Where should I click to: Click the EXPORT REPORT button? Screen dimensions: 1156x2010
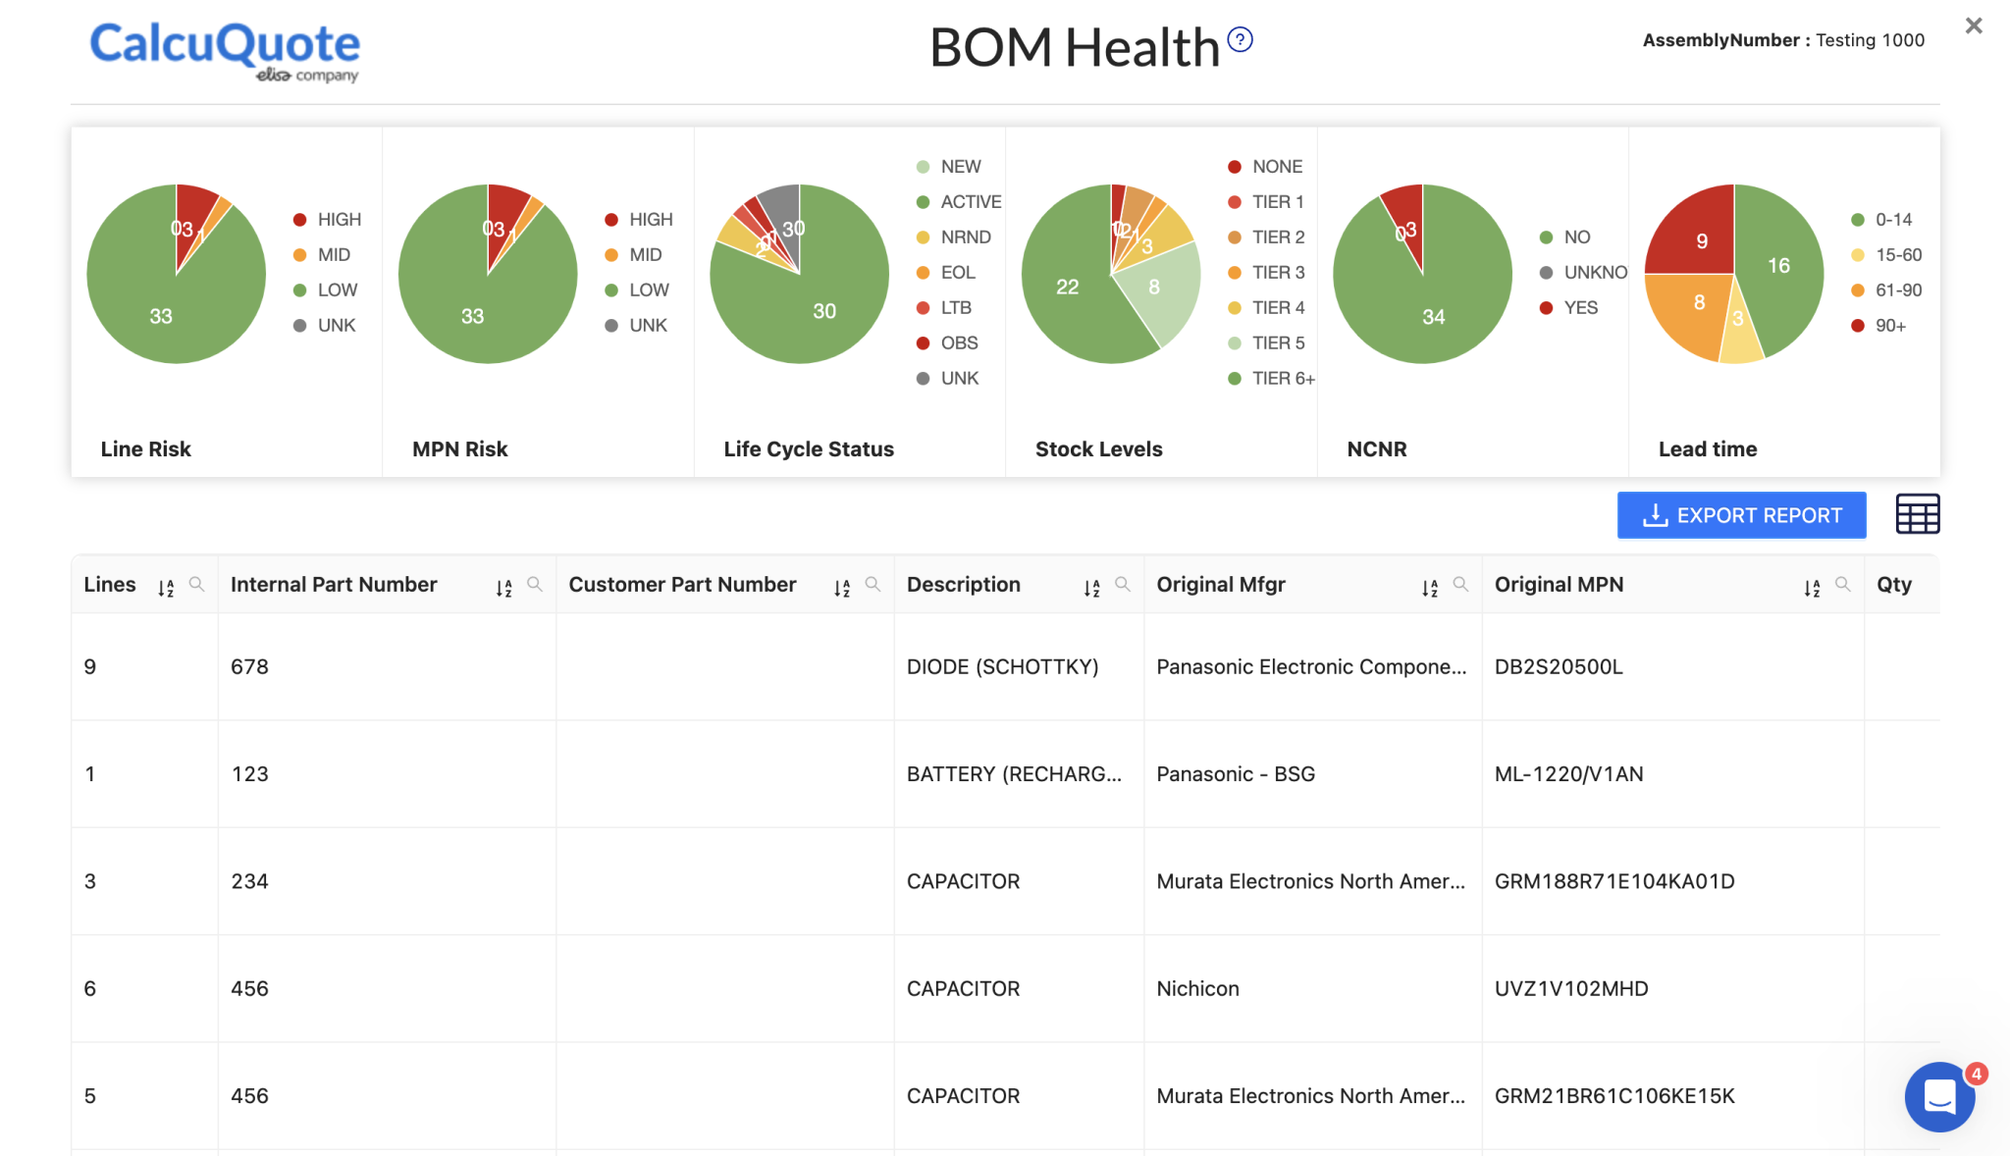[1741, 515]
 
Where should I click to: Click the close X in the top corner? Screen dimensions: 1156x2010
[1973, 26]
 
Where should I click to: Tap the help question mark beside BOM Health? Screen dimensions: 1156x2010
[1240, 39]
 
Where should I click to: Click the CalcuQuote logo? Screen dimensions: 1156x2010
[225, 50]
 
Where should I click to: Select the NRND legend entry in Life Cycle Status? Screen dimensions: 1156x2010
[965, 237]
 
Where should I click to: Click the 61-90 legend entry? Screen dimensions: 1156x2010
[1897, 290]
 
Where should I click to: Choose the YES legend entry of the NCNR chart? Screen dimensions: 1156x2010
[1579, 308]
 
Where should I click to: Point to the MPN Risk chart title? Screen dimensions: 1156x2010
[459, 449]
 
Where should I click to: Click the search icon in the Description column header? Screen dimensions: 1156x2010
[1123, 585]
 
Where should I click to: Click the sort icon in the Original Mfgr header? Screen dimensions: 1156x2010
[1429, 588]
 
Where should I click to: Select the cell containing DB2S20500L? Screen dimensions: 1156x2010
[1558, 667]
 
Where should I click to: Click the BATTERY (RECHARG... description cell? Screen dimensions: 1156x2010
[1013, 774]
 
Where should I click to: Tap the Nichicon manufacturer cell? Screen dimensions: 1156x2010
[1197, 989]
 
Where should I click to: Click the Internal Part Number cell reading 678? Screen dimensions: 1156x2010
[249, 667]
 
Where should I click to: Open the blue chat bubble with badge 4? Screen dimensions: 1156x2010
[1939, 1097]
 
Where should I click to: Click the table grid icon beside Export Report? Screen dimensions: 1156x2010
[1917, 514]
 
